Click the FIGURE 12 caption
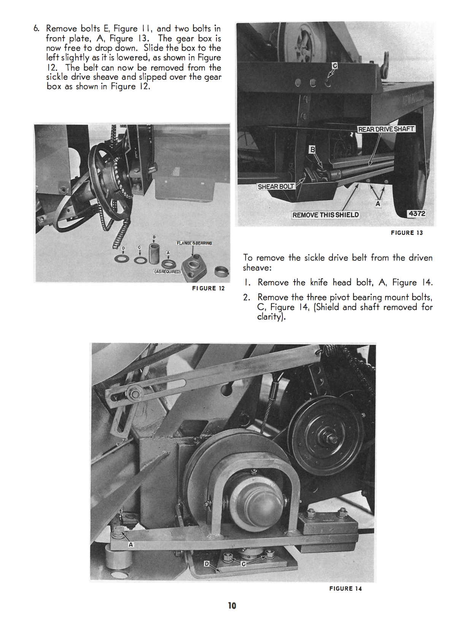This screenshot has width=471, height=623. coord(208,289)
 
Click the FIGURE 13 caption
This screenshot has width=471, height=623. coord(407,233)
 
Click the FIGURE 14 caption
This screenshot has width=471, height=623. coord(346,589)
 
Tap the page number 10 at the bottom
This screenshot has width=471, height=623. coord(232,606)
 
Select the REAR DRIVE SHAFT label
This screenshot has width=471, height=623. coord(386,129)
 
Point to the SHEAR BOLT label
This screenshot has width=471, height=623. coord(276,187)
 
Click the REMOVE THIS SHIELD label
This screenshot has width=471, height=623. coord(325,215)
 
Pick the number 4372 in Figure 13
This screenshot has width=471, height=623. coord(417,214)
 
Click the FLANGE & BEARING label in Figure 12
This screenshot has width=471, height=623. coord(194,243)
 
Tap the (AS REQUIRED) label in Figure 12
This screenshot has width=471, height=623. coord(167,272)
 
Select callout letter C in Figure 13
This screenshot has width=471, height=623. coord(335,66)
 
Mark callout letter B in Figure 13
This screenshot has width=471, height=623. coord(312,149)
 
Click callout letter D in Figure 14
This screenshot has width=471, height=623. coord(207,564)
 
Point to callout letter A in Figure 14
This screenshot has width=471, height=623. coord(131,545)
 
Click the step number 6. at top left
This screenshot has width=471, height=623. coord(36,29)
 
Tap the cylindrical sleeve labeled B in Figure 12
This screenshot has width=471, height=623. coord(154,254)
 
